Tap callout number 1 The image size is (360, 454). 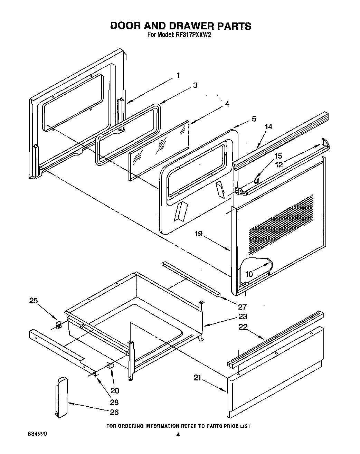pos(178,75)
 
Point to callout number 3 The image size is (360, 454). pos(195,85)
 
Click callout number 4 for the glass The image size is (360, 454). pos(227,104)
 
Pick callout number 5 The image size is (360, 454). pos(254,119)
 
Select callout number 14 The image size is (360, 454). pos(268,127)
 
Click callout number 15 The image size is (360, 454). pos(278,156)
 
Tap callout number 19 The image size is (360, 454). pos(198,234)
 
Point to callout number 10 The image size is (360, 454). pos(249,274)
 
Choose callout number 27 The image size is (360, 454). pos(242,306)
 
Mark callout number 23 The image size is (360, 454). pos(243,316)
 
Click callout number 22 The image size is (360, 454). pos(243,327)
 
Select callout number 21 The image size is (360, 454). pos(197,378)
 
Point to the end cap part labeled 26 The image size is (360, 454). pos(61,397)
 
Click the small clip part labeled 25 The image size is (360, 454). pos(58,325)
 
